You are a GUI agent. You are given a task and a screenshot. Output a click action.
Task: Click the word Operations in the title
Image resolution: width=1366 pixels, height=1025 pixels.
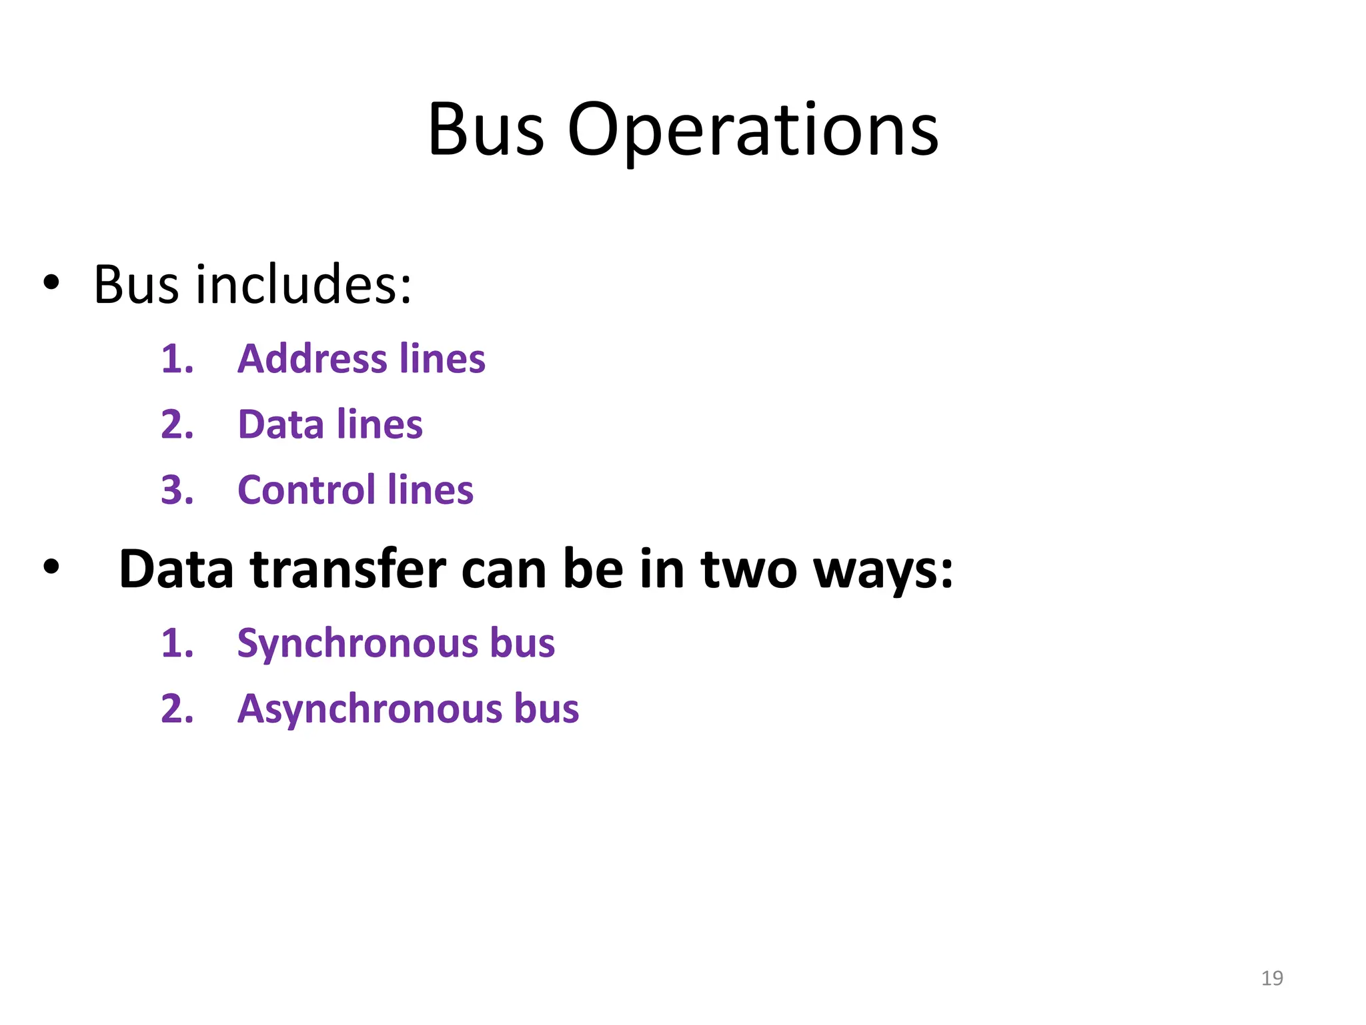coord(752,131)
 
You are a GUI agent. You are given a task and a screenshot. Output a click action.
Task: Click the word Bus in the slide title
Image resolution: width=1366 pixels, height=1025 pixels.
coord(486,131)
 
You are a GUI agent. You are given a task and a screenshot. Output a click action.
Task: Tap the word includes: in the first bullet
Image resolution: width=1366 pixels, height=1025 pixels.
coord(303,285)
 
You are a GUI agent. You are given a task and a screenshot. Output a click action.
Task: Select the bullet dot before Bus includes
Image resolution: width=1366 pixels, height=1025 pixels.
coord(51,283)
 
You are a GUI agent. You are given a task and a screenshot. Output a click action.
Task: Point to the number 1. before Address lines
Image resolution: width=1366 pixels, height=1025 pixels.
coord(177,359)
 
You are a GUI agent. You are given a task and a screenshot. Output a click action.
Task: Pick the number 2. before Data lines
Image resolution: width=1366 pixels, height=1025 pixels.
coord(177,424)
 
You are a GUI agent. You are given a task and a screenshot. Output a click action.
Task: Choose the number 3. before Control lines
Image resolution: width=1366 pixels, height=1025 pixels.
coord(177,490)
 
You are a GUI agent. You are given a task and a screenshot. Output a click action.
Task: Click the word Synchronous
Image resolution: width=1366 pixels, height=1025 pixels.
coord(356,643)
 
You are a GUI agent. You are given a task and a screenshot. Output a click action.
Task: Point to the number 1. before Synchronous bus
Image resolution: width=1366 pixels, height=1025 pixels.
coord(177,644)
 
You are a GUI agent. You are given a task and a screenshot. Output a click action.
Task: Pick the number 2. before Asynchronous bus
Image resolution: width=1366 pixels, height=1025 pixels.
coord(177,709)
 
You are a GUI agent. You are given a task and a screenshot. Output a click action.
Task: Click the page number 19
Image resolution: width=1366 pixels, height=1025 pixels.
coord(1272,978)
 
